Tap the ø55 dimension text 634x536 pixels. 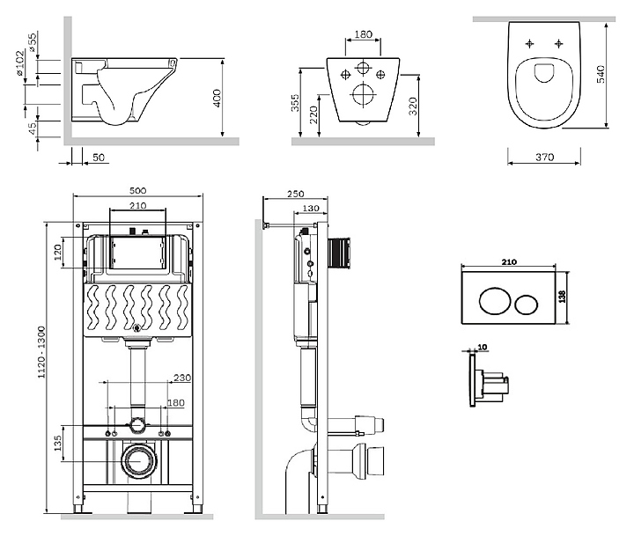33,42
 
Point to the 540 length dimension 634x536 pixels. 601,73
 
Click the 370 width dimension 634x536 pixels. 543,158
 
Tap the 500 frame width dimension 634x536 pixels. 138,189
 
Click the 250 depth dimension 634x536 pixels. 295,195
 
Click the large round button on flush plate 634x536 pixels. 490,305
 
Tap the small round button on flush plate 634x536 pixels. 527,305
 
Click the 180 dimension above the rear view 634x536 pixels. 362,36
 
